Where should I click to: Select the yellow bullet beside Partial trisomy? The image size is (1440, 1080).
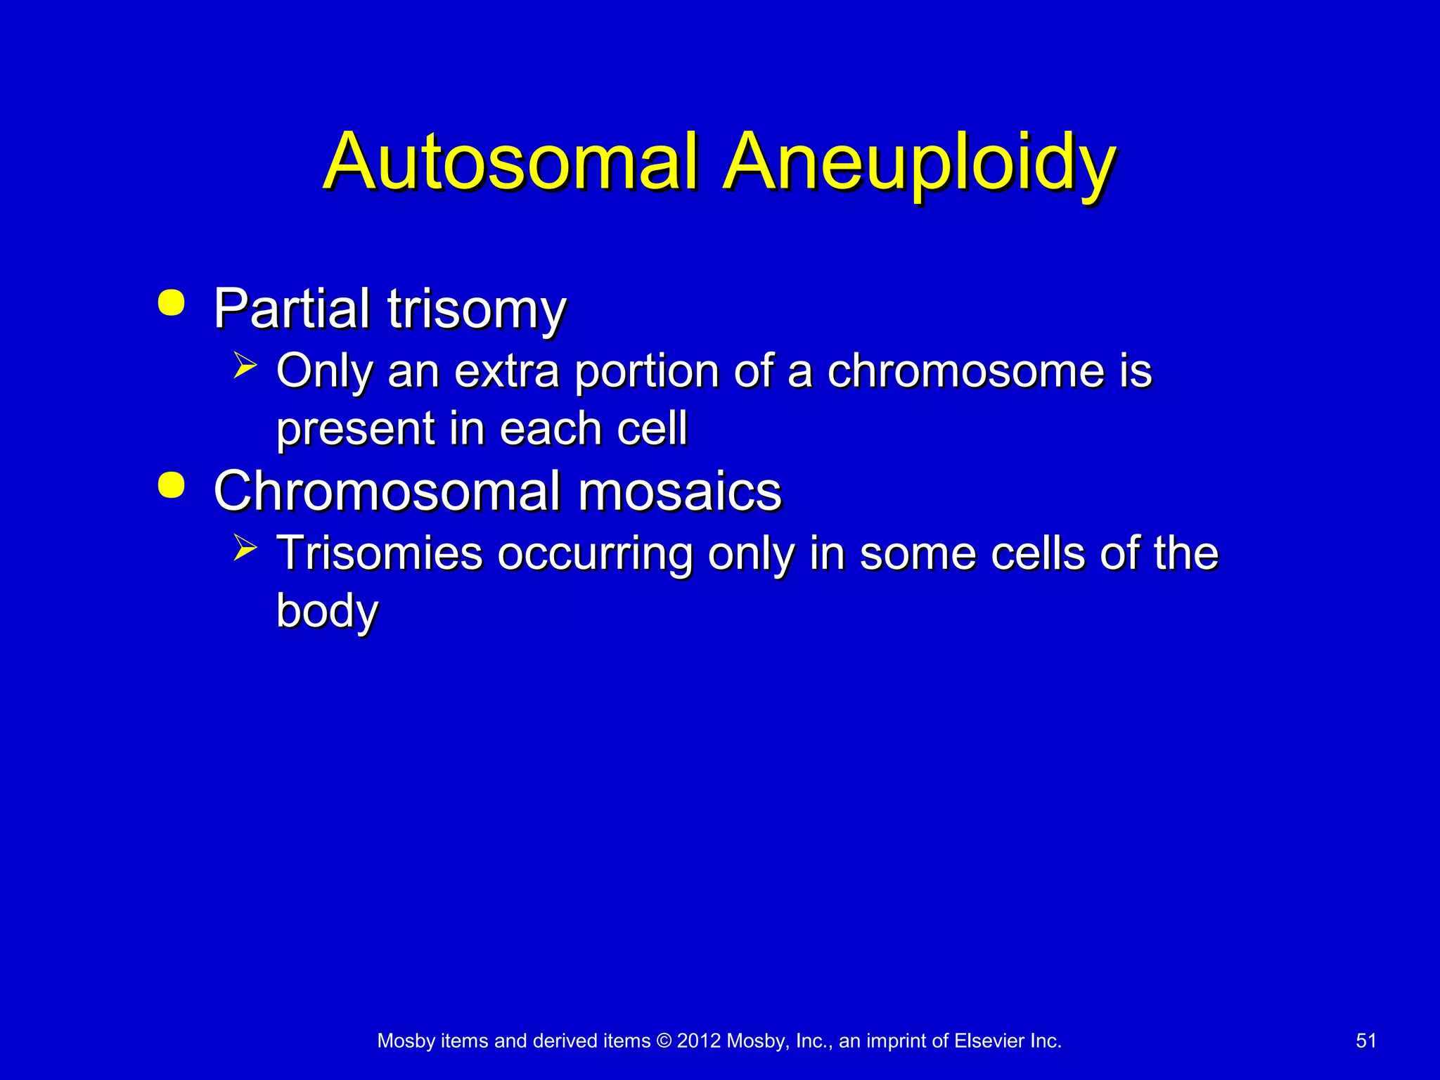click(x=172, y=302)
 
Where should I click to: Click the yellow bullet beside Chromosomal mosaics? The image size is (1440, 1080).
click(x=172, y=485)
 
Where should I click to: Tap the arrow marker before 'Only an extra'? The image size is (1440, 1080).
click(x=245, y=366)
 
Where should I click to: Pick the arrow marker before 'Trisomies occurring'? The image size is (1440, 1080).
click(x=245, y=548)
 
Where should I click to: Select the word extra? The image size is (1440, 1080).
click(x=507, y=371)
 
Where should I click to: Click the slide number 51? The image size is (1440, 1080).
click(x=1365, y=1041)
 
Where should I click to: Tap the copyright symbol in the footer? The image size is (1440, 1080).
click(x=664, y=1041)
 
